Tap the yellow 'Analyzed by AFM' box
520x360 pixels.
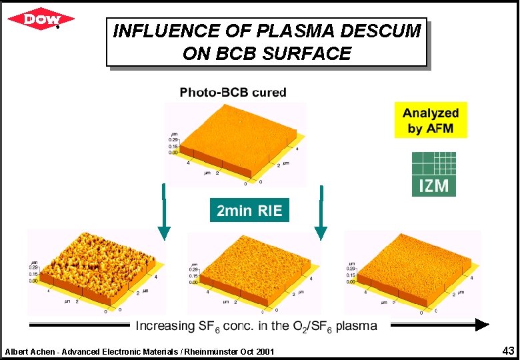[430, 120]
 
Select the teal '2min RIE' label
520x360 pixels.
[250, 211]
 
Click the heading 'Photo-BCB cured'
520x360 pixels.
[233, 92]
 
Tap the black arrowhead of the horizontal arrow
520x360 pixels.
[481, 325]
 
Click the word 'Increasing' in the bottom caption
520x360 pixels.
[162, 326]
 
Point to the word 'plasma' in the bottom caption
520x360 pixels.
[356, 326]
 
